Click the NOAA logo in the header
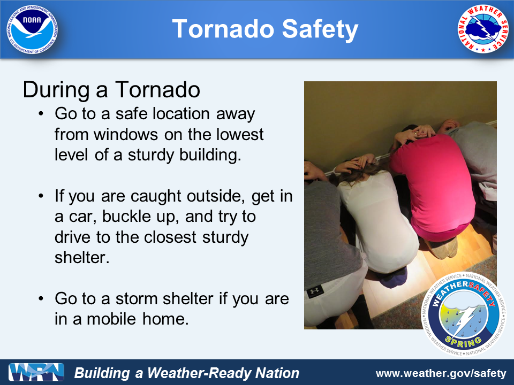pyautogui.click(x=32, y=29)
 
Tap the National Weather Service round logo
pyautogui.click(x=482, y=29)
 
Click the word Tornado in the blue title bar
pyautogui.click(x=223, y=29)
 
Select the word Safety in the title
pyautogui.click(x=320, y=29)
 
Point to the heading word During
pyautogui.click(x=56, y=89)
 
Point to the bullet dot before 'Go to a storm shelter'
pyautogui.click(x=41, y=298)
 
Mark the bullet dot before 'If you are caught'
pyautogui.click(x=41, y=196)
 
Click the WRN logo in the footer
pyautogui.click(x=36, y=372)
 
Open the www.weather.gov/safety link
pyautogui.click(x=441, y=374)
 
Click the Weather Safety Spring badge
pyautogui.click(x=464, y=314)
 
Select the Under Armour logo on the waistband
pyautogui.click(x=315, y=291)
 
